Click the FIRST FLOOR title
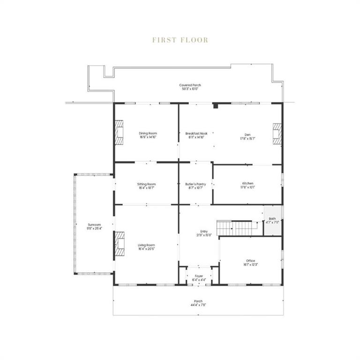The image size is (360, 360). click(x=180, y=40)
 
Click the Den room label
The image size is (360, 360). click(x=248, y=134)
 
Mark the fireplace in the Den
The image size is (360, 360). click(x=277, y=133)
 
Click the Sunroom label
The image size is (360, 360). click(x=94, y=226)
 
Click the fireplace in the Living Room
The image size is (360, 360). click(x=120, y=244)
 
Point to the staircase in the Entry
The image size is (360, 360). click(x=237, y=228)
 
